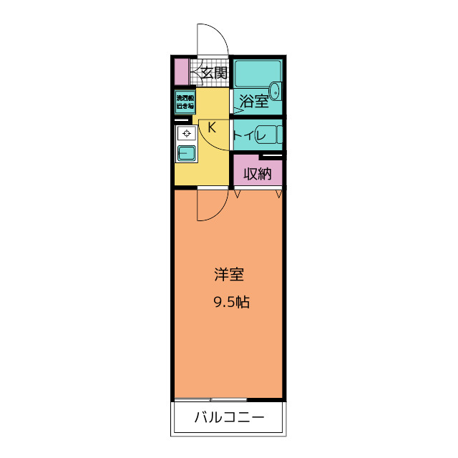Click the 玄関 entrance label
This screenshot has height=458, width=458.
[x=213, y=72]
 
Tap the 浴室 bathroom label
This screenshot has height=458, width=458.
[x=254, y=101]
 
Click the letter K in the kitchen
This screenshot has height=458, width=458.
[x=212, y=127]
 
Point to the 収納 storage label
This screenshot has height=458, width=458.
[x=258, y=172]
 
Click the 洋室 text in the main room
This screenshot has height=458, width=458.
[x=229, y=274]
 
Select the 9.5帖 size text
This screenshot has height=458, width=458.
[x=230, y=302]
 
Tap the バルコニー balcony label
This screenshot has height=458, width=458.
[x=229, y=418]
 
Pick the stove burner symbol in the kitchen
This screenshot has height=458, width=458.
[x=187, y=133]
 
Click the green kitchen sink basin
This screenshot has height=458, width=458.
[x=187, y=153]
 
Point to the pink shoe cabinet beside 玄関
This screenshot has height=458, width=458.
[x=182, y=71]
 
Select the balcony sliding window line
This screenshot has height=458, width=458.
[x=208, y=399]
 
